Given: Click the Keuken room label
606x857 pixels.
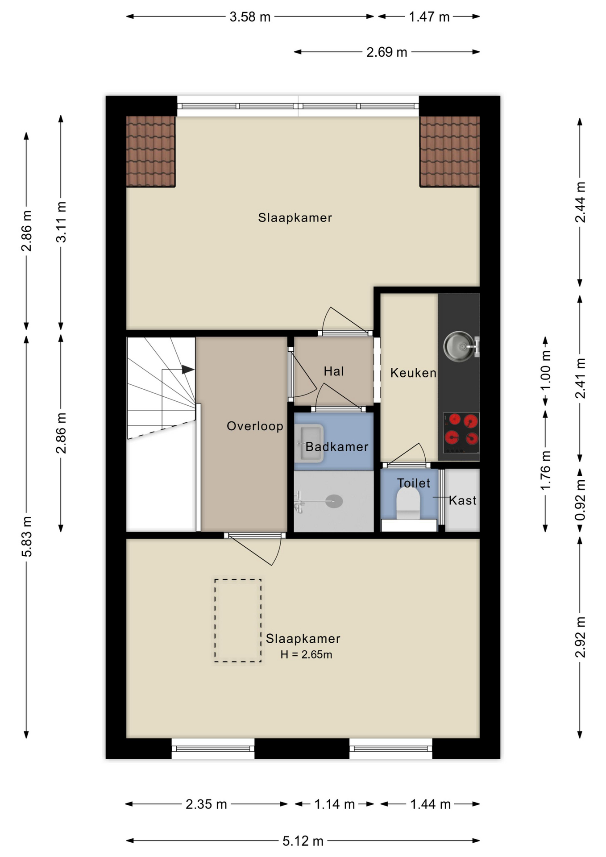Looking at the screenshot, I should point(413,373).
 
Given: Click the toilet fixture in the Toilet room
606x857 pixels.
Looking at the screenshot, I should point(408,504).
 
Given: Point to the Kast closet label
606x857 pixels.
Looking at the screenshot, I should point(463,501).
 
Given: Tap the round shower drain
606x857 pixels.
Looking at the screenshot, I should point(334,501).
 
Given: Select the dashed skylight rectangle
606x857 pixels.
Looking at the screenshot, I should point(238,620).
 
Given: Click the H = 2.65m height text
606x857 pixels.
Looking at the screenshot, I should point(306,655).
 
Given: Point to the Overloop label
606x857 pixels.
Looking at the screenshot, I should point(255,426).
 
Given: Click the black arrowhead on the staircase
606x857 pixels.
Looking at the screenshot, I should point(188,370).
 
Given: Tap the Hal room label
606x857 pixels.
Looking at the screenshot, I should point(334,371).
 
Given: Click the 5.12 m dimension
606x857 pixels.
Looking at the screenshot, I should point(303,841).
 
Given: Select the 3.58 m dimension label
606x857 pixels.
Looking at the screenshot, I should point(250,17).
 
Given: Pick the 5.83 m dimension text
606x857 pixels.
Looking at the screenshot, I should point(27,537).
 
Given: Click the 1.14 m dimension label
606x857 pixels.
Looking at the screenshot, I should point(334,804).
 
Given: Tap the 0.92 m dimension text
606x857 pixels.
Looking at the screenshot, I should point(580,500).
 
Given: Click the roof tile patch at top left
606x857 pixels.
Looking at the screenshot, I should point(150,151).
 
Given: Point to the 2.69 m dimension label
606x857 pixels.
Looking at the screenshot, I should point(386,52).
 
